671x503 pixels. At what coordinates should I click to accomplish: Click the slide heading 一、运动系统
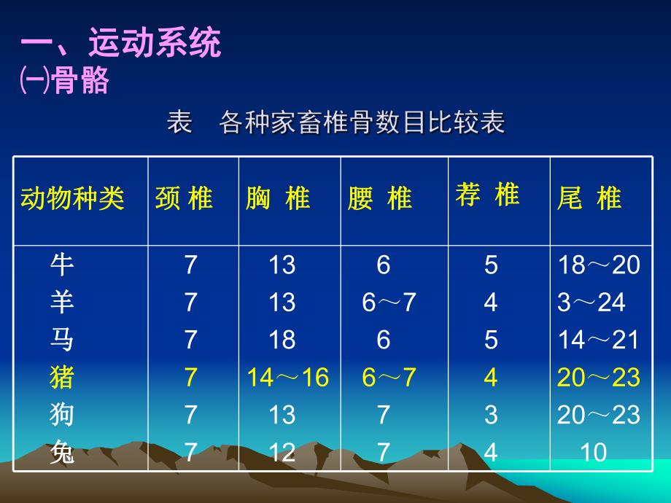click(x=120, y=44)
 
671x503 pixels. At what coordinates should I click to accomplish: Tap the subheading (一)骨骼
click(x=64, y=81)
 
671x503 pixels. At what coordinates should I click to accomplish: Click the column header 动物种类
click(x=72, y=198)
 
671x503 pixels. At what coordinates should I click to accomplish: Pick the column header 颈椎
click(x=185, y=198)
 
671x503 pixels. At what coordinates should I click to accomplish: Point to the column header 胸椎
click(x=279, y=198)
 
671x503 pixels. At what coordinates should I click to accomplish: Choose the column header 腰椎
click(x=380, y=198)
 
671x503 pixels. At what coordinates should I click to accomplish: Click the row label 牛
click(x=62, y=265)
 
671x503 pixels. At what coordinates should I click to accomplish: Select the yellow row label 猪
click(x=62, y=378)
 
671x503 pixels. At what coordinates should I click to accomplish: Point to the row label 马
click(x=62, y=340)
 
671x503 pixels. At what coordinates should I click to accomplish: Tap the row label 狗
click(x=62, y=415)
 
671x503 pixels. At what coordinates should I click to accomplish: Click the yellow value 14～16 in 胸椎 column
click(x=287, y=378)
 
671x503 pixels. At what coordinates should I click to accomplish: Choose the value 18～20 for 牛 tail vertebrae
click(x=598, y=265)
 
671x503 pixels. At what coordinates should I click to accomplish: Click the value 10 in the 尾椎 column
click(x=593, y=453)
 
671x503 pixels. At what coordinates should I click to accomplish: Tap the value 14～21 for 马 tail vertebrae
click(x=598, y=340)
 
